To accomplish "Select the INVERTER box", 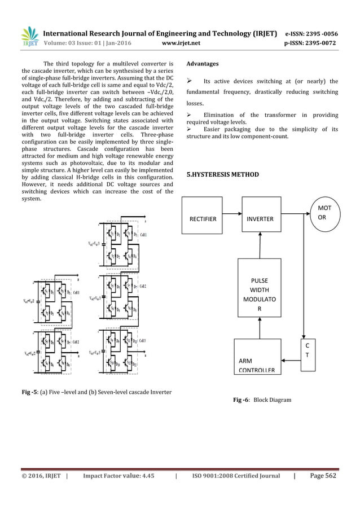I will point(260,219).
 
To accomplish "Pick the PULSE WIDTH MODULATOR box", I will point(260,293).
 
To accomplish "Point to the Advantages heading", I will point(203,64).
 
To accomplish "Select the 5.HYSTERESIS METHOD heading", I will point(223,175).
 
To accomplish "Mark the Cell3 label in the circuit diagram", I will point(145,341).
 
